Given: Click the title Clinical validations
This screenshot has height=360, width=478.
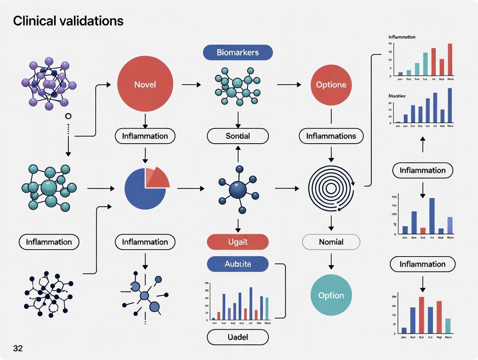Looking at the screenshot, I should click(x=68, y=21).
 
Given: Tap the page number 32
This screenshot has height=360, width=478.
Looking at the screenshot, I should click(x=18, y=348).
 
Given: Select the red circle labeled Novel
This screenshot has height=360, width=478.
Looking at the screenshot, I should click(x=145, y=84).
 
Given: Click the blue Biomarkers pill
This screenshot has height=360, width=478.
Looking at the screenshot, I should click(x=238, y=52).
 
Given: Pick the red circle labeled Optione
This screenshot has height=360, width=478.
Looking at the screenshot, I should click(x=331, y=85).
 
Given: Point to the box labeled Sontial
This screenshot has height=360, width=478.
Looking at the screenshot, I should click(x=238, y=136).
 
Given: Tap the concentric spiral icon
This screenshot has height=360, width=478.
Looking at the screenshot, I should click(x=331, y=188).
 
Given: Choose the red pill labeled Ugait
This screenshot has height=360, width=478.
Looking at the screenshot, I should click(x=238, y=242).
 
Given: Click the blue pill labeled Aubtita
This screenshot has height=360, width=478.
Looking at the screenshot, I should click(x=238, y=264).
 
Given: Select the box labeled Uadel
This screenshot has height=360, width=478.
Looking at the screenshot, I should click(x=238, y=337).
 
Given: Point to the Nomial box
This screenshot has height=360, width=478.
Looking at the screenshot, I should click(x=331, y=242).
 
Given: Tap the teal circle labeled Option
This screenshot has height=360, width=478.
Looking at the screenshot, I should click(x=331, y=296).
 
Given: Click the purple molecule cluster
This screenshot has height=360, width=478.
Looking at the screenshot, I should click(x=48, y=83).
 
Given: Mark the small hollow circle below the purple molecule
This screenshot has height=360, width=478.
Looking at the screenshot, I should click(x=68, y=116).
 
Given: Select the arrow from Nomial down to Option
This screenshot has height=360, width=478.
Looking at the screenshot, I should click(x=331, y=260).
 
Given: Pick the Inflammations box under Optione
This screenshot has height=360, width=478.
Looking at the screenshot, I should click(x=331, y=136).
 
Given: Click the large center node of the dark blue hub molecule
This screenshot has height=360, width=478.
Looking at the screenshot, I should click(x=237, y=189).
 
